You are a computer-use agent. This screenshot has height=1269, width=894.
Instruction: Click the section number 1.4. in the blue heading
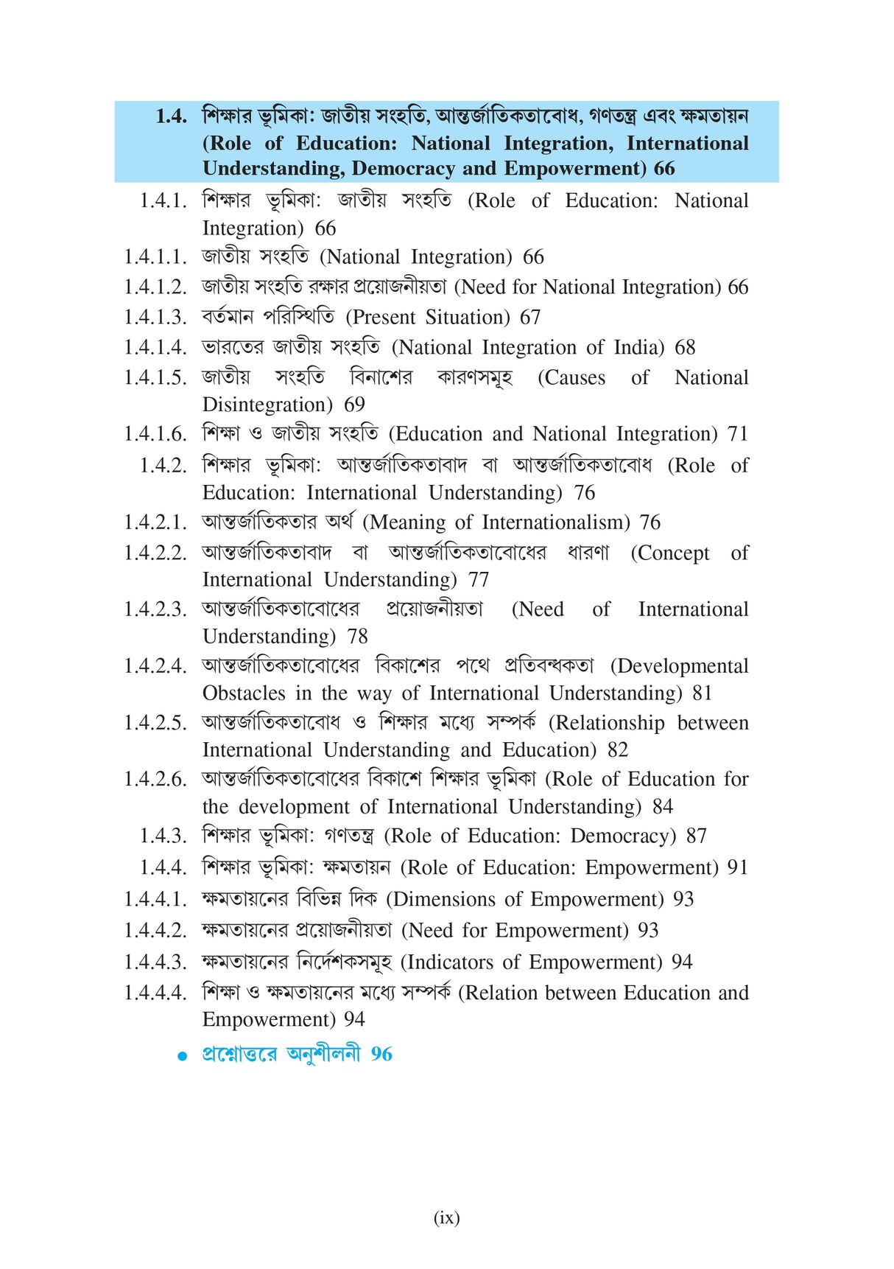pyautogui.click(x=171, y=116)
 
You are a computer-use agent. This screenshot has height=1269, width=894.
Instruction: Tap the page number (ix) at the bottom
pyautogui.click(x=446, y=1217)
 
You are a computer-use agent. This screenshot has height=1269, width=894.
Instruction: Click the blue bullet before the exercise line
pyautogui.click(x=183, y=1056)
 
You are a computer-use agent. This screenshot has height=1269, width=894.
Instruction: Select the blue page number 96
pyautogui.click(x=381, y=1054)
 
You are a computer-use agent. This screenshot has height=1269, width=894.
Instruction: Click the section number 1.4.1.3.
pyautogui.click(x=155, y=317)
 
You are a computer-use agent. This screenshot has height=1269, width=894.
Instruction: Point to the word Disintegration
pyautogui.click(x=268, y=405)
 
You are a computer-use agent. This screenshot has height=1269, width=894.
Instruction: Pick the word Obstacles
pyautogui.click(x=244, y=693)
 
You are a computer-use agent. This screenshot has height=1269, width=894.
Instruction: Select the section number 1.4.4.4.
pyautogui.click(x=155, y=993)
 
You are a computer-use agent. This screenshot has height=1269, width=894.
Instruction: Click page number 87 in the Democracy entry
pyautogui.click(x=696, y=836)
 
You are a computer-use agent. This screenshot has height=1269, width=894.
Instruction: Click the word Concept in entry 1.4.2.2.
pyautogui.click(x=670, y=553)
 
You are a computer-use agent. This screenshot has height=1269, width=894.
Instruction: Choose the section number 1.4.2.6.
pyautogui.click(x=155, y=779)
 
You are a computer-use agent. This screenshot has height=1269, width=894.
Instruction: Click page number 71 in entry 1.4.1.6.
pyautogui.click(x=737, y=434)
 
